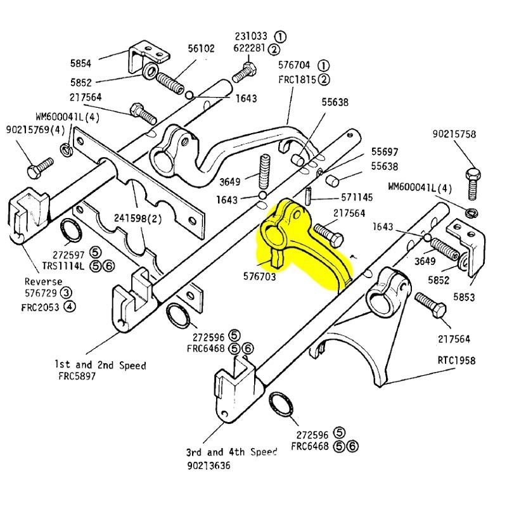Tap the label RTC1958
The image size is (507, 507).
[456, 361]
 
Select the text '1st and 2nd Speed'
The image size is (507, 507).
[100, 366]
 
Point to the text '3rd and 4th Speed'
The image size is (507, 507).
[231, 452]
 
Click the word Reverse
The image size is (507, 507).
[44, 281]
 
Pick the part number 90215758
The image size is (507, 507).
[454, 134]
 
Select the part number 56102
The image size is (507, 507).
[201, 48]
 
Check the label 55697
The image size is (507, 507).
[385, 152]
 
